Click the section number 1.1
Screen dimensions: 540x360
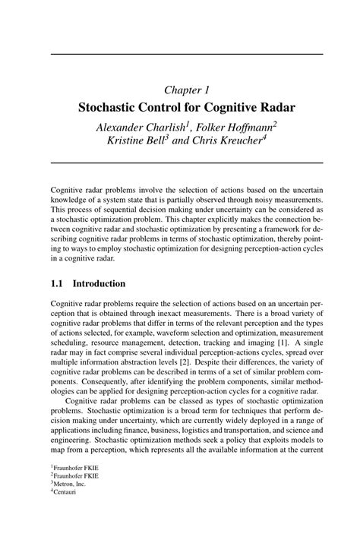pyautogui.click(x=58, y=283)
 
